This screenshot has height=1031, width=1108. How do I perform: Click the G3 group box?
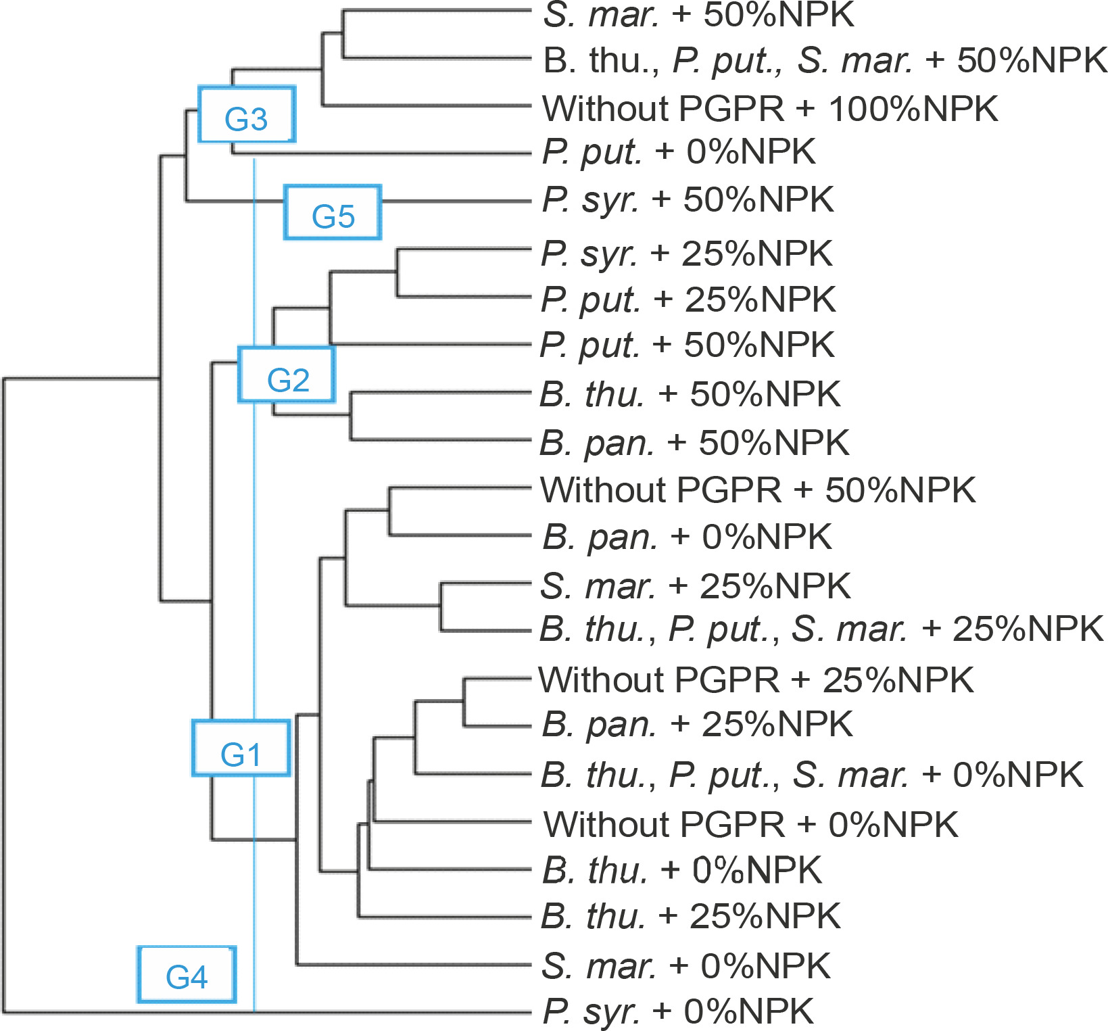[247, 114]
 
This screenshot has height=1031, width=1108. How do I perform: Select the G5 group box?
[333, 212]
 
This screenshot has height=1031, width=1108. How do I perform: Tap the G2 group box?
[287, 375]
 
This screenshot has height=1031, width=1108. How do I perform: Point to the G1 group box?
[241, 748]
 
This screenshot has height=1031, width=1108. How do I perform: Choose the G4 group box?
[187, 974]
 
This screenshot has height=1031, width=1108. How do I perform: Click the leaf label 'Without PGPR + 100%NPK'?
[770, 108]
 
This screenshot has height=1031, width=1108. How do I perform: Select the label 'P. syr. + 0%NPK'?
[678, 1011]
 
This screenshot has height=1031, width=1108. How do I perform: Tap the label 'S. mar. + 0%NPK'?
[685, 965]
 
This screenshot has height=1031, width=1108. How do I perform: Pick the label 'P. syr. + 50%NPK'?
[688, 200]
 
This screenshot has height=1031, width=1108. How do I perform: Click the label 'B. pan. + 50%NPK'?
[694, 443]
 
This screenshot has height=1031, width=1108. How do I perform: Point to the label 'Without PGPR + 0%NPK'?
[750, 824]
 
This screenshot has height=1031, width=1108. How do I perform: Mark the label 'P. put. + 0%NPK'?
[679, 152]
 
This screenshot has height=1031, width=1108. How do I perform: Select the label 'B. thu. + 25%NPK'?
[690, 916]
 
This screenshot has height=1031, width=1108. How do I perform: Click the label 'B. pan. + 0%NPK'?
[687, 537]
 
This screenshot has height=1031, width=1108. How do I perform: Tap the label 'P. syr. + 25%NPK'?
[686, 254]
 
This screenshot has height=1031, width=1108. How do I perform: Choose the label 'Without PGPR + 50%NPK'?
[758, 490]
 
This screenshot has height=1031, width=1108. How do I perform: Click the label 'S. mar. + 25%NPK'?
[695, 585]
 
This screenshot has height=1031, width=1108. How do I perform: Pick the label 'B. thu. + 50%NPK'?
[690, 394]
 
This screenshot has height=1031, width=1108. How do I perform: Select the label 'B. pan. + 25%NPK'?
[697, 724]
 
